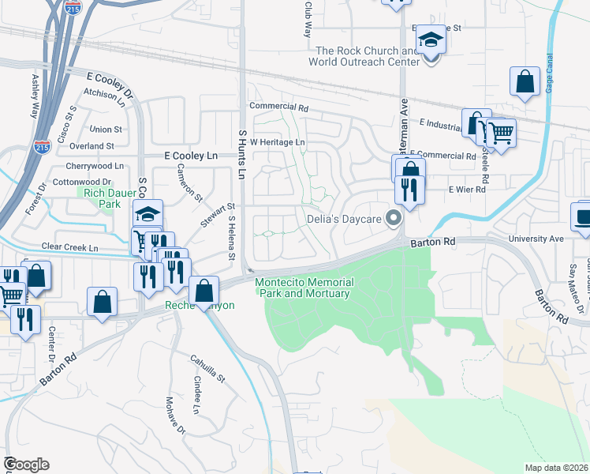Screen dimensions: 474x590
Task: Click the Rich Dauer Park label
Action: point(99,197)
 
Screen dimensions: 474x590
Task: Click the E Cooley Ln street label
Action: point(190,156)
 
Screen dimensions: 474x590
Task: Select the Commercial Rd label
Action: point(278,106)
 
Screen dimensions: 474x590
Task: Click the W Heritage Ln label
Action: point(277,141)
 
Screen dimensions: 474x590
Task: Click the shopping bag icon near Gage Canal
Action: point(525,81)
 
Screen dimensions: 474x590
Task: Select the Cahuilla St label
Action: point(207,371)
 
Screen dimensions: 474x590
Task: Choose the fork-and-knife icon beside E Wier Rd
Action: point(409,190)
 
